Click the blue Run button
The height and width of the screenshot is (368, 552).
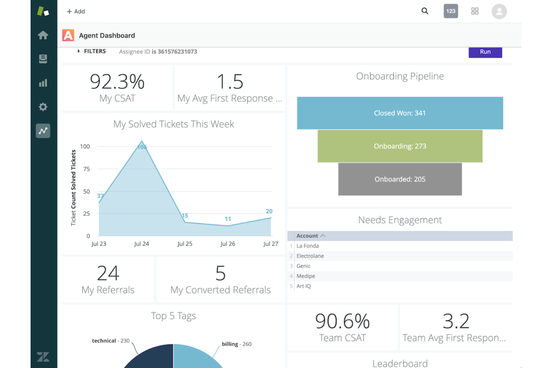pos(485,52)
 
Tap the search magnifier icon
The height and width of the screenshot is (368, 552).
pos(425,11)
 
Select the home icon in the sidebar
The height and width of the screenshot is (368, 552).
pos(43,35)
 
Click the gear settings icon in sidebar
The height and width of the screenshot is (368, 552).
pos(43,107)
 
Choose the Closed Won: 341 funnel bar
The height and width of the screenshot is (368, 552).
pos(400,113)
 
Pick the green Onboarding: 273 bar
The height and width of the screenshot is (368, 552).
pos(400,146)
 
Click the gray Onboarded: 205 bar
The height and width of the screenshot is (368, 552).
pos(400,179)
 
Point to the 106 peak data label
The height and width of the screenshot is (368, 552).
pos(142,147)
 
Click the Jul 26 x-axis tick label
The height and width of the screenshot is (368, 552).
pos(228,244)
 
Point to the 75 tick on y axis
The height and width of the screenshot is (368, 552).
pos(87,169)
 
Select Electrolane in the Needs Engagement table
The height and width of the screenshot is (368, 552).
pos(310,256)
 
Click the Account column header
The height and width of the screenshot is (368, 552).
pos(307,236)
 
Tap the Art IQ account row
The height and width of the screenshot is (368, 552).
pos(304,286)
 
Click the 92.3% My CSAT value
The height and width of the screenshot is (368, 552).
pos(117,82)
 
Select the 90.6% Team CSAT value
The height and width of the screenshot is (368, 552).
pos(342,321)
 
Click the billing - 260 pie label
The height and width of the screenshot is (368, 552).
pos(236,344)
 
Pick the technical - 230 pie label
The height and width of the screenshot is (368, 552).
pos(111,341)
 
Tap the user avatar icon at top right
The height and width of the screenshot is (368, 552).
pos(499,11)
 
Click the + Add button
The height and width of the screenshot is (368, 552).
pos(76,12)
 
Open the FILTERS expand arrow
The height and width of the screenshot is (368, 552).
pos(79,51)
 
